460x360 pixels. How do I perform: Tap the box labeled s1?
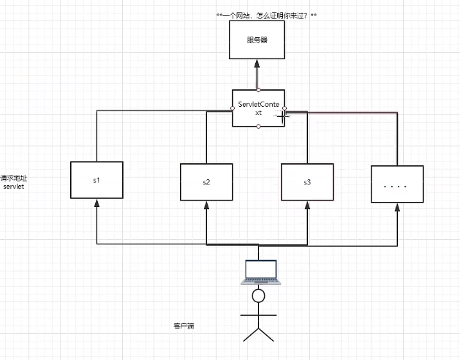[x=97, y=179]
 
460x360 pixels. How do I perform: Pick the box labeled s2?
[x=206, y=181]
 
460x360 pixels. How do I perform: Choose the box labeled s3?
[x=307, y=181]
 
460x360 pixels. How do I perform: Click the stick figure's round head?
[x=257, y=296]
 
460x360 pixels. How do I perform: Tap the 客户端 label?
[x=183, y=324]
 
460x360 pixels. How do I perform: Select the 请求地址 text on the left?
[x=14, y=178]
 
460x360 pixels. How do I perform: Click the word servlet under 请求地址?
[x=14, y=187]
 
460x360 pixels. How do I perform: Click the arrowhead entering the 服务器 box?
[x=257, y=63]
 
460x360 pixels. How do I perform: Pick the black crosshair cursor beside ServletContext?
[x=282, y=114]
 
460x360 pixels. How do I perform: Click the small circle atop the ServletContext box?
[x=259, y=89]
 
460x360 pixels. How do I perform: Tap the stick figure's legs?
[x=257, y=333]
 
